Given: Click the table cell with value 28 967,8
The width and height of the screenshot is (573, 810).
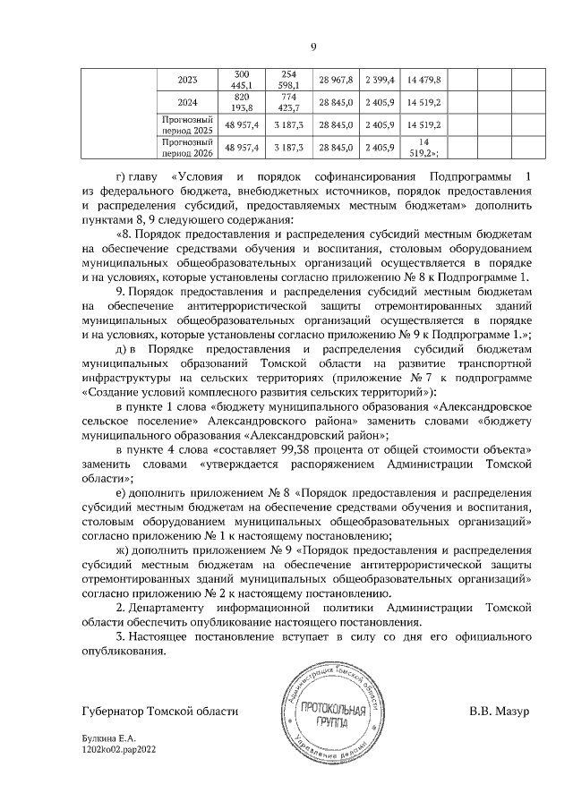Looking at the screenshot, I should tap(337, 80).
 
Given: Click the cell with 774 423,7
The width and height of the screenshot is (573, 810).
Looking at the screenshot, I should tap(288, 102).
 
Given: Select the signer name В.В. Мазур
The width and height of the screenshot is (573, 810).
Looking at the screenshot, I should tap(500, 711).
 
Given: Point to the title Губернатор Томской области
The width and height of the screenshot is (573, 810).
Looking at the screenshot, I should tap(159, 711).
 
